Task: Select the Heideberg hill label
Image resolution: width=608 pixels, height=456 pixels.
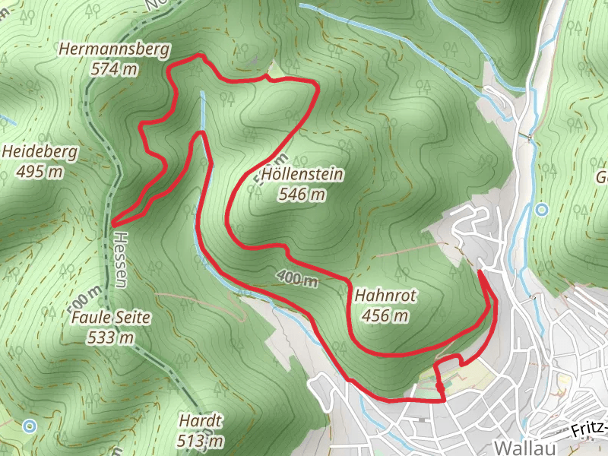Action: click(x=40, y=152)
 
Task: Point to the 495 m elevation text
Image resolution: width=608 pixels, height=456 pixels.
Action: click(x=40, y=171)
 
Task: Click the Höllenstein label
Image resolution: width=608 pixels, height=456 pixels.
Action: click(x=302, y=176)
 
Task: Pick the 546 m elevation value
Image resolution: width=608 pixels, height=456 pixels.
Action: click(x=302, y=195)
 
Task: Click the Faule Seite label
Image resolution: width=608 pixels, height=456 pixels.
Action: click(x=111, y=318)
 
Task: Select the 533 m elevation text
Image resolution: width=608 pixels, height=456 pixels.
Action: click(x=111, y=337)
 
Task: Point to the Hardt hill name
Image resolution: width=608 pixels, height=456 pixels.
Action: click(x=201, y=421)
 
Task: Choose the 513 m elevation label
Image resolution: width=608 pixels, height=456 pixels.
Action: click(x=201, y=440)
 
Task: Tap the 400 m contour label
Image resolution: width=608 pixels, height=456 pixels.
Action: click(x=296, y=279)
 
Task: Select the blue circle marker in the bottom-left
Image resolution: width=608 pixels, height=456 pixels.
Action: click(x=29, y=426)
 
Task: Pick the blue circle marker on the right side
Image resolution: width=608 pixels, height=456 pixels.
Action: click(x=541, y=209)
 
